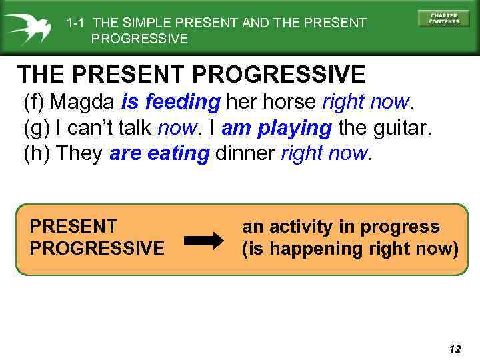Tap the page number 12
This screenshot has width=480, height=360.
pos(455,349)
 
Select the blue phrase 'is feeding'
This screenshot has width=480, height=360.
pos(171,102)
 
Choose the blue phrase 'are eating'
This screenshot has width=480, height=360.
pos(159,153)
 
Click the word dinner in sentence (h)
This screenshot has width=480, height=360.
pos(245,153)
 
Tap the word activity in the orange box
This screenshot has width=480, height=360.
pos(299,227)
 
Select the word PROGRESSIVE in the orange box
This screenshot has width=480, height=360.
pos(97,249)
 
